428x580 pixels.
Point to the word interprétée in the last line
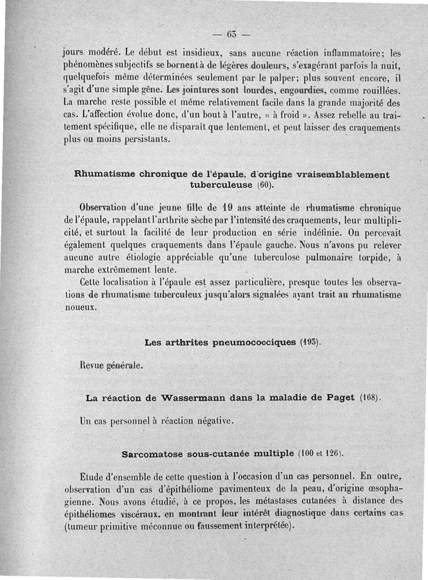pos(264,525)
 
